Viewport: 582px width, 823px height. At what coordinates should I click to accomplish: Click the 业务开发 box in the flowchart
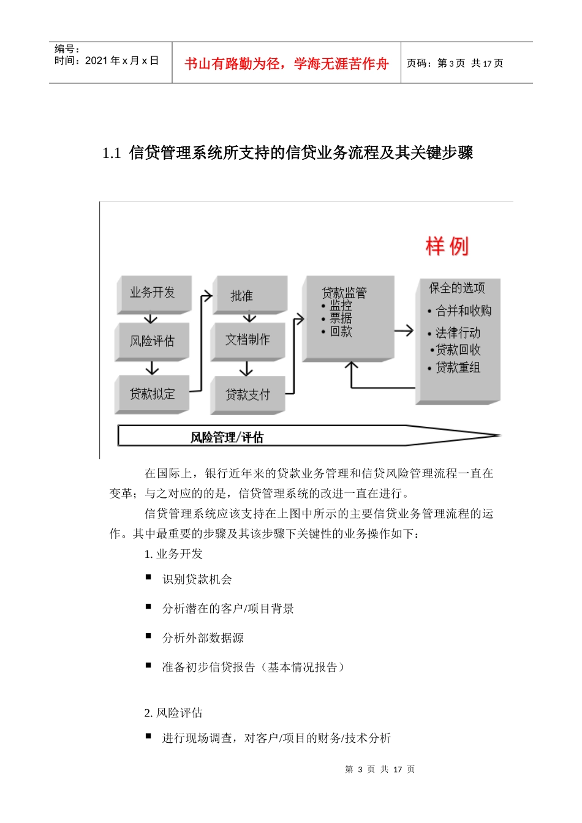[x=153, y=293]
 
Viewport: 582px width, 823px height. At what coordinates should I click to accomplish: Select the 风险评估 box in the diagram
[x=152, y=341]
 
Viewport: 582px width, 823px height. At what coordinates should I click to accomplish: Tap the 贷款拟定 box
[x=152, y=394]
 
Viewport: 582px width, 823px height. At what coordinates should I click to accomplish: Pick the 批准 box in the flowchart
[x=249, y=296]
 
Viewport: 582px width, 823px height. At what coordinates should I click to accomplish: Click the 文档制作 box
[x=247, y=340]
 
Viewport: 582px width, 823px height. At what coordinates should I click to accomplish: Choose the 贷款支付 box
[x=247, y=395]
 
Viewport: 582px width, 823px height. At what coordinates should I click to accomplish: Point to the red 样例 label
[x=447, y=246]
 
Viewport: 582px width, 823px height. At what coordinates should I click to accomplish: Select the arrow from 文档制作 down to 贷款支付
[x=246, y=369]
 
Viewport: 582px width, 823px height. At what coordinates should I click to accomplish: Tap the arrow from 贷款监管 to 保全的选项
[x=404, y=331]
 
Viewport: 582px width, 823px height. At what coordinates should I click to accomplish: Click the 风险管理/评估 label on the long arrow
[x=227, y=437]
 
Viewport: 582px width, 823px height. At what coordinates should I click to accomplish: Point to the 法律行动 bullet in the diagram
[x=457, y=333]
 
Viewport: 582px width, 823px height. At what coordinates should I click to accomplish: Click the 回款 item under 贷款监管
[x=341, y=331]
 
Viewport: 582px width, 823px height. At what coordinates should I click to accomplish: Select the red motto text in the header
[x=286, y=64]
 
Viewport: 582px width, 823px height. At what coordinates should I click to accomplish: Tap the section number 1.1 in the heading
[x=111, y=153]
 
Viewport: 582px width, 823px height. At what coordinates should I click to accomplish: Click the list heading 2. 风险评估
[x=173, y=713]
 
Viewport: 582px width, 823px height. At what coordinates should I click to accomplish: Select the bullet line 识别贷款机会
[x=197, y=579]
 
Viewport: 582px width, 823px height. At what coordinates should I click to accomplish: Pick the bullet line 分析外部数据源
[x=203, y=638]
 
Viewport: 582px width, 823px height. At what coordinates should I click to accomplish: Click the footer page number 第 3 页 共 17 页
[x=380, y=769]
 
